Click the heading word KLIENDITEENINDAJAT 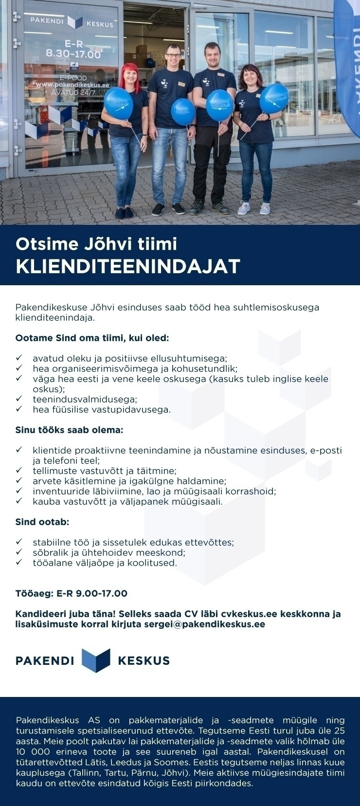tap(128, 266)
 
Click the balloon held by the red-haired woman tap(118, 104)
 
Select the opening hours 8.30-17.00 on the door tap(73, 54)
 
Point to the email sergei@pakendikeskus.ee tap(204, 624)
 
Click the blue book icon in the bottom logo tap(96, 660)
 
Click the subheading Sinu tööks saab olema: tap(69, 430)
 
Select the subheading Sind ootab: tap(42, 522)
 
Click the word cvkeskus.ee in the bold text tap(245, 614)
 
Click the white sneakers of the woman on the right tap(253, 208)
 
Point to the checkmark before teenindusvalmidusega tap(19, 399)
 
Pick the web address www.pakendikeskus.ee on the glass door tap(73, 85)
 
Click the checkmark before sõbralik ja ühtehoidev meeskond tap(19, 552)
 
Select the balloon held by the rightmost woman tap(274, 98)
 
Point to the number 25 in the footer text tap(339, 731)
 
